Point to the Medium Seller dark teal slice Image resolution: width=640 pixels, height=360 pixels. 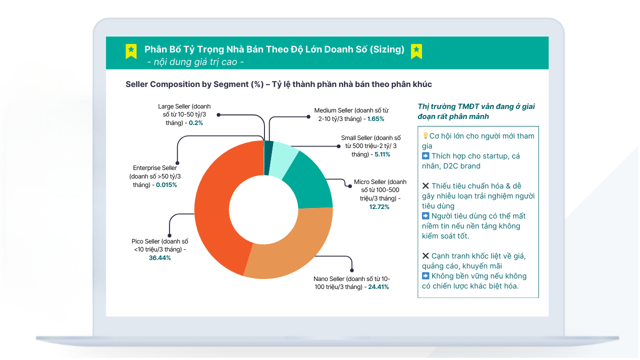point(268,158)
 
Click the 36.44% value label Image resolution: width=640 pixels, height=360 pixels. point(159,258)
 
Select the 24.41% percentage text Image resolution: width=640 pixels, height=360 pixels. point(378,287)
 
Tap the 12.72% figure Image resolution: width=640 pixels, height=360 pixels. point(379,207)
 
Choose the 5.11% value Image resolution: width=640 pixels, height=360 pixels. point(382,154)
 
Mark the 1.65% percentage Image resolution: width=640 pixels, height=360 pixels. point(375,119)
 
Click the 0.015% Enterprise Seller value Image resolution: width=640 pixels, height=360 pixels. point(166,185)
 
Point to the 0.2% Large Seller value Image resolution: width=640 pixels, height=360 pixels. point(196,123)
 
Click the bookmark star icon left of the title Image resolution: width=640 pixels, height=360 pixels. point(131,50)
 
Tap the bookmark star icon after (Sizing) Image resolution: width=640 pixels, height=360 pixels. point(416,50)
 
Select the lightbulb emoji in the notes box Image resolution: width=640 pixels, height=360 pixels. point(425,136)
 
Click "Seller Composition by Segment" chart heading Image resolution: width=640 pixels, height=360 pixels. point(194,84)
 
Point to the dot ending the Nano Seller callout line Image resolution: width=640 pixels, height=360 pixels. point(352,270)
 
